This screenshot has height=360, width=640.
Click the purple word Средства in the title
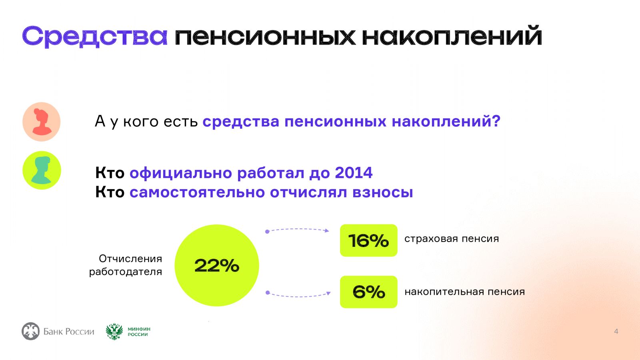tap(94, 36)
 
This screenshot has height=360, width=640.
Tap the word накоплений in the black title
tap(452, 36)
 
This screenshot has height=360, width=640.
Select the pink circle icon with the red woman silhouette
tap(42, 122)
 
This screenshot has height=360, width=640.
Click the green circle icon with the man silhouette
tap(42, 170)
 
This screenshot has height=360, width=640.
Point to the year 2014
tap(354, 172)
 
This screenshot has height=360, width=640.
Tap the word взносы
tap(382, 192)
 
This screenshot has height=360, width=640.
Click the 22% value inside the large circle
tap(217, 266)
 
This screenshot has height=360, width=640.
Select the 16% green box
tap(368, 240)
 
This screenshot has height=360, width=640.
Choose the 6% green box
tap(368, 292)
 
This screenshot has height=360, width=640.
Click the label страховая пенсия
tap(452, 239)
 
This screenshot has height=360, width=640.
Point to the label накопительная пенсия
tap(464, 292)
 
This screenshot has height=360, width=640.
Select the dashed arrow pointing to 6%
tap(298, 296)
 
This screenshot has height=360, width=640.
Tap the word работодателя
tap(126, 272)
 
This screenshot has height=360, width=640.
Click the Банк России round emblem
tap(30, 331)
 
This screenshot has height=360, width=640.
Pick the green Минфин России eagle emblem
tap(114, 332)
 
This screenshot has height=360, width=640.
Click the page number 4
tap(616, 332)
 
